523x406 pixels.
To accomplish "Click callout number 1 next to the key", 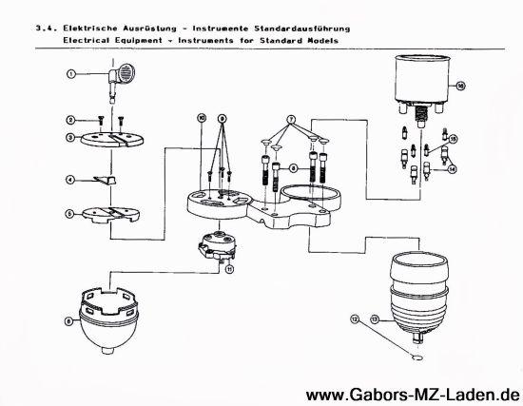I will pos(70,73).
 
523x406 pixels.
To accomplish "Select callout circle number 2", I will pos(70,120).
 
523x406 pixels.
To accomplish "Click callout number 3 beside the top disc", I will pos(70,138).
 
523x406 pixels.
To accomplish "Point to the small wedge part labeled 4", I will pos(109,180).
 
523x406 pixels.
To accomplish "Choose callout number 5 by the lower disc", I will pos(70,213).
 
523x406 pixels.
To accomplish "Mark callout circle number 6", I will pos(68,321).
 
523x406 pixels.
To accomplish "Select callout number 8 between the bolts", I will pos(293,167).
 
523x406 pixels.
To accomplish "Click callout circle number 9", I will pos(222,122).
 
